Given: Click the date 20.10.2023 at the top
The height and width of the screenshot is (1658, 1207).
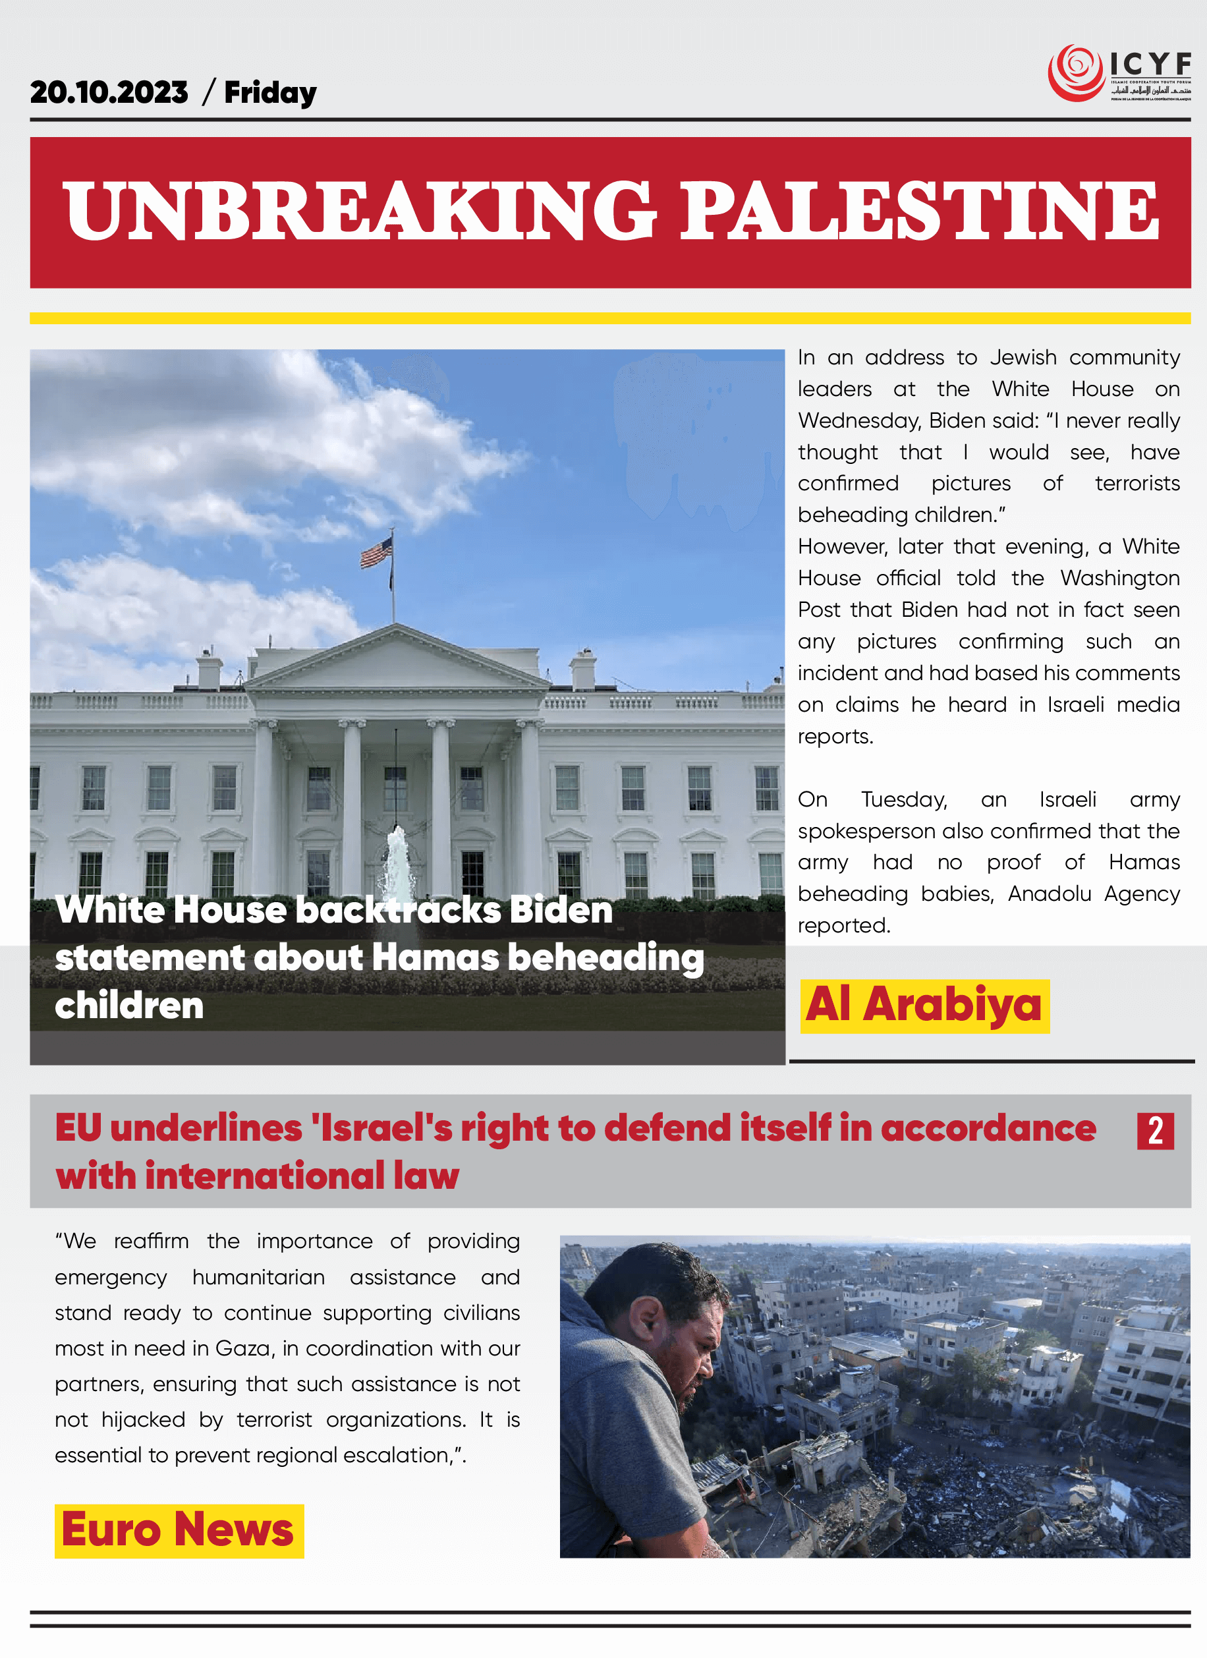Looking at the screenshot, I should (x=109, y=93).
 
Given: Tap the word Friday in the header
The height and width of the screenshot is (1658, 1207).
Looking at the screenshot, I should (x=269, y=94).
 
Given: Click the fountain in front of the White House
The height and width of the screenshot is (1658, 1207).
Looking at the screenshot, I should (x=399, y=863).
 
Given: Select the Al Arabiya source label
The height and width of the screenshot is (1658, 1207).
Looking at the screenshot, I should (x=924, y=1005).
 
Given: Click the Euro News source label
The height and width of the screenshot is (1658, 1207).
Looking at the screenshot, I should (x=179, y=1530).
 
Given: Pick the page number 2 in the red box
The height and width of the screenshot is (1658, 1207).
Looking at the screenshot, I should (x=1155, y=1130).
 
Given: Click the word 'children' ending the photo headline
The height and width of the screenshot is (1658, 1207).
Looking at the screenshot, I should (x=129, y=1006).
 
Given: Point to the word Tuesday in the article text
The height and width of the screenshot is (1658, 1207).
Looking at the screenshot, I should (x=904, y=800).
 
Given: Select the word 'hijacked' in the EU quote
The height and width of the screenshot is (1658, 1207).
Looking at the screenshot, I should (x=142, y=1419).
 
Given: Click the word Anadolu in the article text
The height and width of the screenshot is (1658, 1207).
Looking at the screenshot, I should (x=1049, y=894).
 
